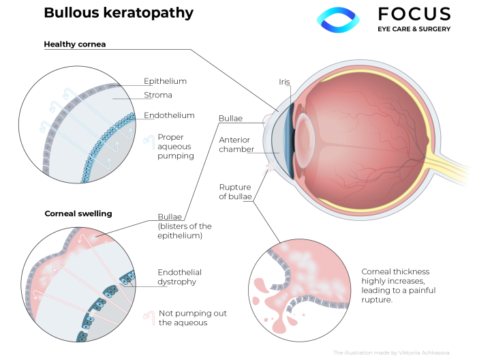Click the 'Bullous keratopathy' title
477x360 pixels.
pyautogui.click(x=118, y=13)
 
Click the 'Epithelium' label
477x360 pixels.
pyautogui.click(x=165, y=81)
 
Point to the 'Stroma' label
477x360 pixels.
pyautogui.click(x=158, y=95)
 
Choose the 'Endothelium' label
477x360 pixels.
pyautogui.click(x=169, y=115)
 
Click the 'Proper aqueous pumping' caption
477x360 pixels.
pyautogui.click(x=176, y=146)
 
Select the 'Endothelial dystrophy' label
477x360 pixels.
pyautogui.click(x=179, y=277)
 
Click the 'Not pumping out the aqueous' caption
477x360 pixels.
pyautogui.click(x=193, y=318)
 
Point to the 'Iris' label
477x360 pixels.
pyautogui.click(x=284, y=82)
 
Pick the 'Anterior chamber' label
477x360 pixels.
pyautogui.click(x=236, y=145)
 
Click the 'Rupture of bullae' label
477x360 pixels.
pyautogui.click(x=236, y=192)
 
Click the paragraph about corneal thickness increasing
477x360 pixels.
pyautogui.click(x=399, y=286)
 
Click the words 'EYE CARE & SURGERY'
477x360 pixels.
pyautogui.click(x=414, y=29)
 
